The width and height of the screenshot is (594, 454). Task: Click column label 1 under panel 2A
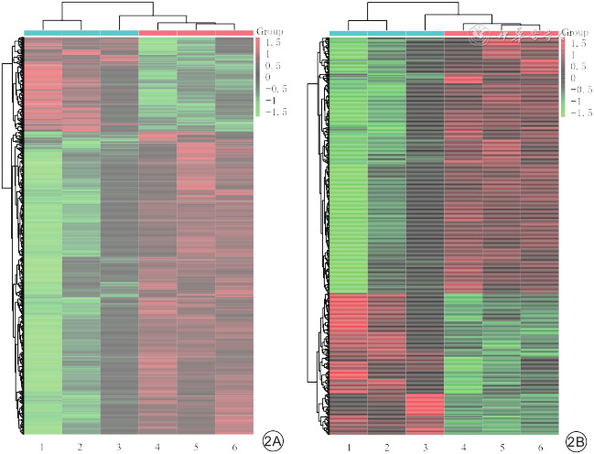point(42,446)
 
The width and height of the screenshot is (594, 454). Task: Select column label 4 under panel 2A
point(157,446)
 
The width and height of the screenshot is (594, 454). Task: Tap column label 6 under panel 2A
point(234,446)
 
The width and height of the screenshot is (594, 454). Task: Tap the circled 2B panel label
point(576,441)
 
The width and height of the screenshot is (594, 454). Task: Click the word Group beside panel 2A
point(270,31)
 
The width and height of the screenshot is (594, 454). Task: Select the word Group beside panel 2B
point(576,32)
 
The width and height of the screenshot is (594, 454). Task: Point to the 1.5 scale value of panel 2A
point(273,43)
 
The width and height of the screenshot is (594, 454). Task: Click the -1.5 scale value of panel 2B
point(577,113)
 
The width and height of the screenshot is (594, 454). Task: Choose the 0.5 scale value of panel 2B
point(577,67)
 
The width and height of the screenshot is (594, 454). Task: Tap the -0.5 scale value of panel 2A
point(273,90)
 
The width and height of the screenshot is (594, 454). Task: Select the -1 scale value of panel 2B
point(575,102)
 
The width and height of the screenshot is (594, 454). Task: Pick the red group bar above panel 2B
point(501,34)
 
